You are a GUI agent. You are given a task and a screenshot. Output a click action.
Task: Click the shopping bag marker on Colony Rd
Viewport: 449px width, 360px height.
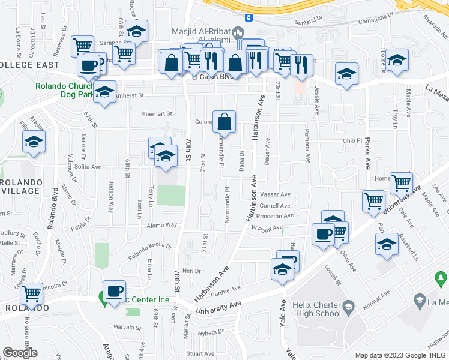point(224,122)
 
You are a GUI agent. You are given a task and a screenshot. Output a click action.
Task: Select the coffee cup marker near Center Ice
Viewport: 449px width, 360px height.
point(114,292)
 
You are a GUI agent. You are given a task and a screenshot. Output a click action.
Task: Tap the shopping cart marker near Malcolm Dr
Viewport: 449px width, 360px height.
point(31,294)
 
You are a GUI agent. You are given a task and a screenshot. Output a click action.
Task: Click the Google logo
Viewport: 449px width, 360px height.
point(20,352)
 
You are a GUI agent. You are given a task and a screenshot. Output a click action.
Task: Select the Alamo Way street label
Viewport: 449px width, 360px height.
point(163,225)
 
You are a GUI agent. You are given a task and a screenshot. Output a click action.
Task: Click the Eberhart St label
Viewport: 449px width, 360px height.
point(157,113)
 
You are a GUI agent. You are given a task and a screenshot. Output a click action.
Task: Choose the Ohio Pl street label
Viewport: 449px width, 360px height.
point(352,140)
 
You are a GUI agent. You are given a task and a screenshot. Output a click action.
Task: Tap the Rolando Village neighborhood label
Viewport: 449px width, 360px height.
point(20,186)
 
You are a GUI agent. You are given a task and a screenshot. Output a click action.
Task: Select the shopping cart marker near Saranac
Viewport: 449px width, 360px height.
point(82,46)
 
